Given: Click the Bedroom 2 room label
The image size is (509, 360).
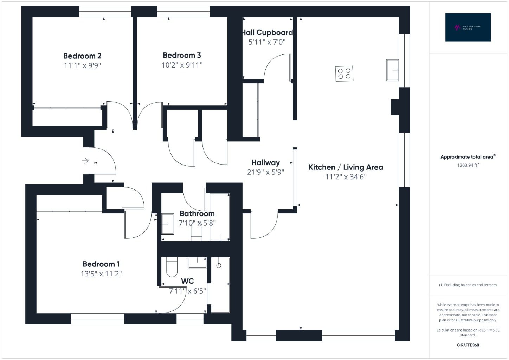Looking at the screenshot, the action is [82, 56].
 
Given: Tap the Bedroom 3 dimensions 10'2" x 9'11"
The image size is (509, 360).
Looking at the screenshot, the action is [182, 65].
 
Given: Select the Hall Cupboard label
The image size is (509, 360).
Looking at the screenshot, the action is [268, 32].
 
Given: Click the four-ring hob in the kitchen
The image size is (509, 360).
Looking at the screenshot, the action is [344, 73].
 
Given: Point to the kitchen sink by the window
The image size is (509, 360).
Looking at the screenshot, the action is [392, 70].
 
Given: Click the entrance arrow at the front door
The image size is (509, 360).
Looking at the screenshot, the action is [85, 161].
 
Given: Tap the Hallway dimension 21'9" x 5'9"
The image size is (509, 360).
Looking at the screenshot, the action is [266, 172].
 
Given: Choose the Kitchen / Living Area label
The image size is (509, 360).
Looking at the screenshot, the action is [346, 167].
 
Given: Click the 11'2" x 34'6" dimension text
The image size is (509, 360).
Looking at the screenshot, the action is [346, 177].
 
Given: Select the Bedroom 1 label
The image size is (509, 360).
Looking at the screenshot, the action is [101, 264].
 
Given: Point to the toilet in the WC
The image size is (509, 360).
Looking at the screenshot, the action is [172, 267].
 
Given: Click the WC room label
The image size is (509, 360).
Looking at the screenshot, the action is [187, 281].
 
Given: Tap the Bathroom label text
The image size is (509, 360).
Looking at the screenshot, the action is [197, 213].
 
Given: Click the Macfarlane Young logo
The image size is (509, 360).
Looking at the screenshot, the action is [468, 27].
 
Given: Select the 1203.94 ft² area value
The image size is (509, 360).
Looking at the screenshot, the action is [468, 165].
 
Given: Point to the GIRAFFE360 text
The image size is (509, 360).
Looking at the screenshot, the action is [468, 345].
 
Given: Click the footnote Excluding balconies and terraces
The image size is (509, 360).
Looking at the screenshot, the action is [468, 285].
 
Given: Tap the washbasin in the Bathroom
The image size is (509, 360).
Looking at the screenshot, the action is [168, 224].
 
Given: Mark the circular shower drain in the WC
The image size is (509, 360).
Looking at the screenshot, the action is [219, 265].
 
